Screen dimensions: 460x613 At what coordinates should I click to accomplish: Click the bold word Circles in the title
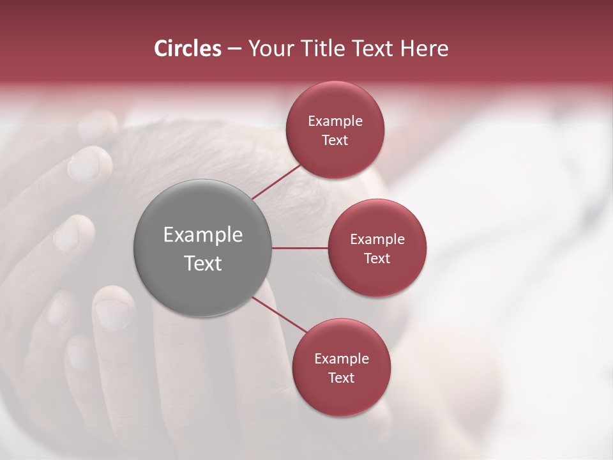click(x=187, y=49)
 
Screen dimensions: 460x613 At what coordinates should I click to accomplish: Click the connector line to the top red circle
click(x=276, y=181)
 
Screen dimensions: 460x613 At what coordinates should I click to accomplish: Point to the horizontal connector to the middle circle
click(x=299, y=248)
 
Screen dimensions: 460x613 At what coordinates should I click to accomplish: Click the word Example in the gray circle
click(x=202, y=234)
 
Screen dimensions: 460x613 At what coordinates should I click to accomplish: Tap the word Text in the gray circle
click(x=202, y=263)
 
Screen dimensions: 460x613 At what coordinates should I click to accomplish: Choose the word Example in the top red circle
click(x=335, y=121)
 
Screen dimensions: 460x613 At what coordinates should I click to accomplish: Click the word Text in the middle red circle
click(x=377, y=258)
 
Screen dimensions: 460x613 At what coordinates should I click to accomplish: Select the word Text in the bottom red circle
click(x=341, y=378)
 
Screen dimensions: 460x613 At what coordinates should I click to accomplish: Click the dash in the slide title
click(x=234, y=49)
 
